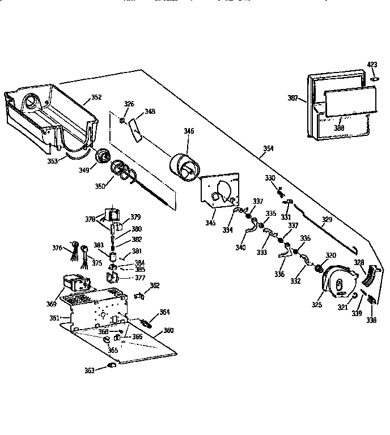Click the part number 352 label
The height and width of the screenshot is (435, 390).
(96, 97)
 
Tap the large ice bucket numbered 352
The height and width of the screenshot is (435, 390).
(48, 116)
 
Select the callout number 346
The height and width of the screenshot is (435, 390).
(189, 131)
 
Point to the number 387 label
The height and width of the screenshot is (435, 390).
(292, 98)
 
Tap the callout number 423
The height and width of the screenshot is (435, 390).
(372, 65)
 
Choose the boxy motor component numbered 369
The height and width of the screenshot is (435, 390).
(74, 281)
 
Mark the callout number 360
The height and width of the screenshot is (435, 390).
(168, 330)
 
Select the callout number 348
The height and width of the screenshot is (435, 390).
(150, 112)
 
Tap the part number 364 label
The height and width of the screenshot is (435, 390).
(164, 312)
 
